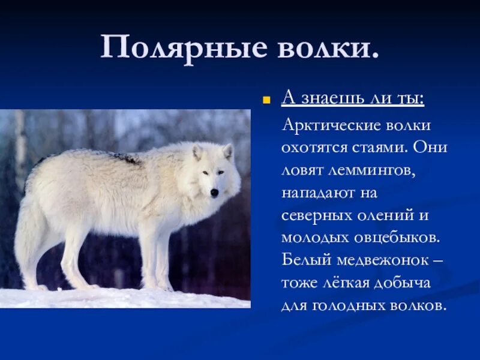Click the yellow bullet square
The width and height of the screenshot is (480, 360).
[265, 100]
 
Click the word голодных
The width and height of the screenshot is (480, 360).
[349, 304]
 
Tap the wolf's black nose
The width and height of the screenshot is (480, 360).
[214, 193]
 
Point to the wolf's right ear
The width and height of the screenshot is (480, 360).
[227, 151]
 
